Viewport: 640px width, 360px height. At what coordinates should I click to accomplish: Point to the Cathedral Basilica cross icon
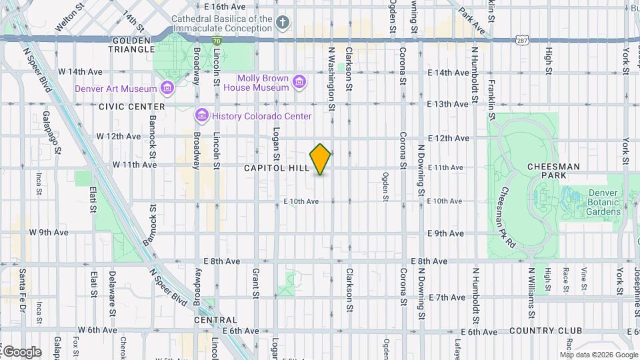(283, 24)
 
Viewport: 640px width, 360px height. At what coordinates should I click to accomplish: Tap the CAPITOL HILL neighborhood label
(276, 168)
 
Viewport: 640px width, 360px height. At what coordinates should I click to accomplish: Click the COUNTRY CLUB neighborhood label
(545, 331)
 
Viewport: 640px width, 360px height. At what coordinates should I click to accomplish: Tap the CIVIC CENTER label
(131, 107)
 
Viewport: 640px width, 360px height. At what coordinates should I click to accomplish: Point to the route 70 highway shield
(217, 41)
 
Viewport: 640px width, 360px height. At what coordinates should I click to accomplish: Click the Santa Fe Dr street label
(22, 290)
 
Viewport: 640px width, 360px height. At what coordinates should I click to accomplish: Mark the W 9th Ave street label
(49, 233)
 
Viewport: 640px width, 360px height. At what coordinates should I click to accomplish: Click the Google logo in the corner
(21, 352)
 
